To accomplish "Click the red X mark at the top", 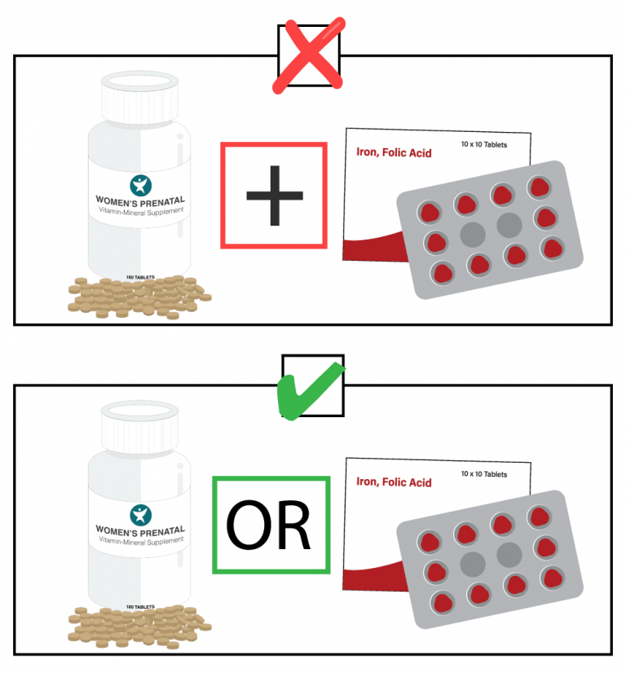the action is tap(309, 55).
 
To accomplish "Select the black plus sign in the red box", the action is tap(275, 196).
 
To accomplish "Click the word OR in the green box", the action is tap(268, 525).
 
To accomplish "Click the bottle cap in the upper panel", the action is tap(139, 97).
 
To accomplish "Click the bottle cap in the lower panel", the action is tap(139, 427).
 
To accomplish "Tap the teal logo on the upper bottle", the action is tap(141, 186).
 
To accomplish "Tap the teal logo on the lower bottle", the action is tap(141, 515).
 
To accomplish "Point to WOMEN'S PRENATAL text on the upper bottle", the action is tap(140, 201).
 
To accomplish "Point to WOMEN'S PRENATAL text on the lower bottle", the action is tap(140, 530).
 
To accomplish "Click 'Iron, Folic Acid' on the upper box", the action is tap(394, 152).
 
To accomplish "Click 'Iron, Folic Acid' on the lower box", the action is tap(394, 482).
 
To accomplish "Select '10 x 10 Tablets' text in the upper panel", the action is tap(484, 145).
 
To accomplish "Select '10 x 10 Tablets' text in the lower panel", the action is tap(484, 474).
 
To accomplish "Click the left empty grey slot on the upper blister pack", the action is tap(473, 235).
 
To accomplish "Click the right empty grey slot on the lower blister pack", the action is tap(509, 555).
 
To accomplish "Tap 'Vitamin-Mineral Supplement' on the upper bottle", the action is tap(141, 211).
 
